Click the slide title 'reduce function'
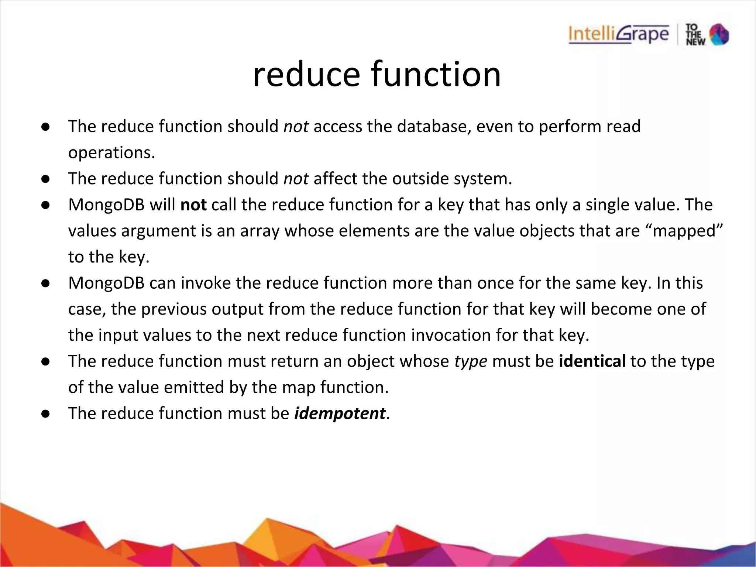click(x=377, y=75)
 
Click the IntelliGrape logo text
click(x=618, y=35)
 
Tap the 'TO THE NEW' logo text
click(x=695, y=35)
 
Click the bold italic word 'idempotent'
click(x=340, y=413)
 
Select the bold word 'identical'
click(x=592, y=361)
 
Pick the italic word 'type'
click(x=470, y=362)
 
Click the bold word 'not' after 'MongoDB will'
click(x=193, y=205)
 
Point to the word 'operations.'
click(x=111, y=153)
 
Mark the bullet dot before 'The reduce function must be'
click(x=45, y=414)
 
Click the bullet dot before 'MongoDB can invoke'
click(x=45, y=283)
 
